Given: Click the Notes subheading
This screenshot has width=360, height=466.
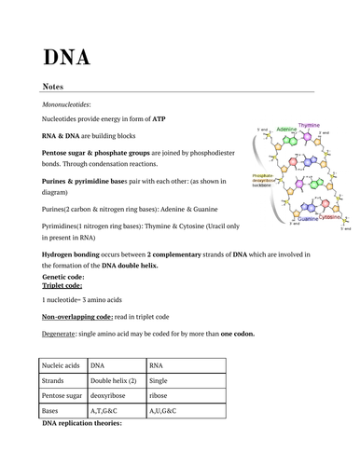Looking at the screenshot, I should tap(52, 87).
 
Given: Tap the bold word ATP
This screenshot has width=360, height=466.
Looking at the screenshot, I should tap(159, 120).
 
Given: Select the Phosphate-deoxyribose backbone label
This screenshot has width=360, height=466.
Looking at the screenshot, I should tap(263, 180).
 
